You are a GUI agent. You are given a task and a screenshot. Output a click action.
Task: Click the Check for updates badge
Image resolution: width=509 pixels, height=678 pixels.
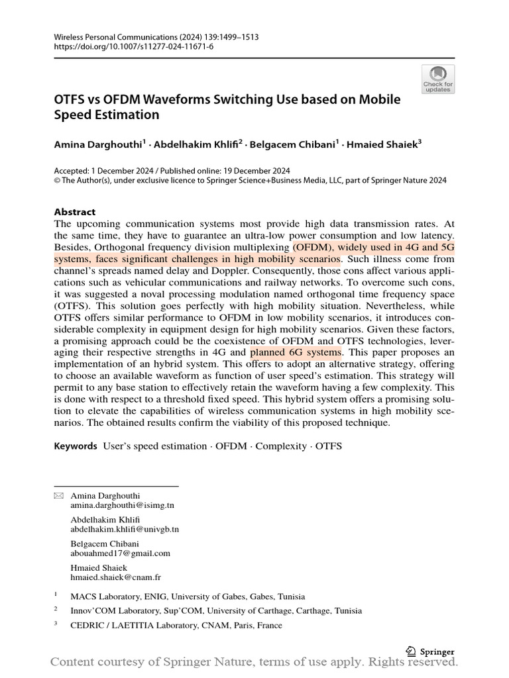click(437, 79)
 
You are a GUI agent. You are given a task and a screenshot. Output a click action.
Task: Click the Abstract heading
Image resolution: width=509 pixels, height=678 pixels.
click(74, 212)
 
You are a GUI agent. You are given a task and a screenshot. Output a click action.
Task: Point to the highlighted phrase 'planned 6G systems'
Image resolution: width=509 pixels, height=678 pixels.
click(296, 352)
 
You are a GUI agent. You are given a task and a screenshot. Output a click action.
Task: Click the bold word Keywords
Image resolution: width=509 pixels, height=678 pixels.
click(76, 446)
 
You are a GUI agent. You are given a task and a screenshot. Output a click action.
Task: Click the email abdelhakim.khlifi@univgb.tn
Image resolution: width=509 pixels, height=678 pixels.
click(125, 529)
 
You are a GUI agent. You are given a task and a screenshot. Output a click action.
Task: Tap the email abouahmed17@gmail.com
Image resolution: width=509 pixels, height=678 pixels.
click(120, 553)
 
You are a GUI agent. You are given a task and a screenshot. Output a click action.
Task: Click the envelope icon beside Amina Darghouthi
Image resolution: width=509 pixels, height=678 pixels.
click(58, 495)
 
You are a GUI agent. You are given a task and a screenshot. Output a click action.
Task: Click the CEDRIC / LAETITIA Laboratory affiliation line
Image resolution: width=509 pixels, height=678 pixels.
click(176, 625)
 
